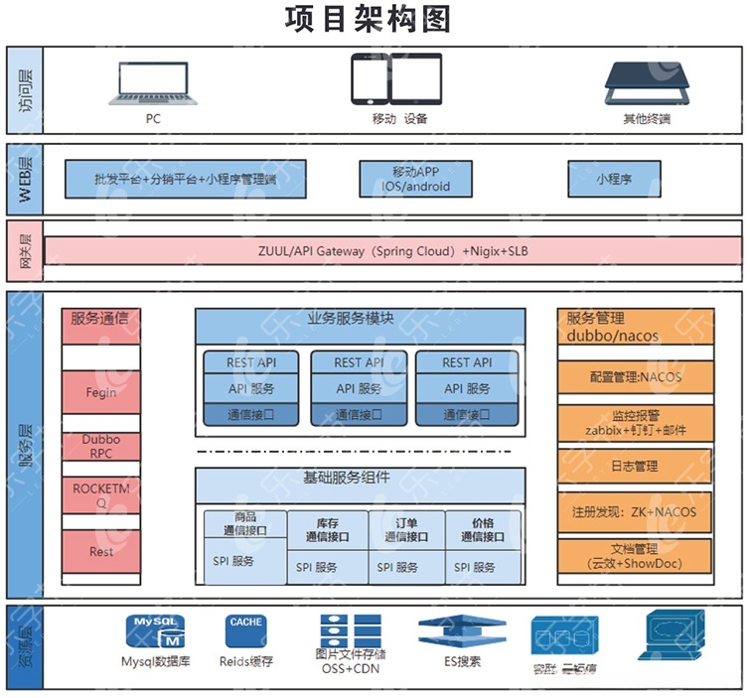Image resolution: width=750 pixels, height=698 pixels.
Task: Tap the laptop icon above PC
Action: tap(152, 83)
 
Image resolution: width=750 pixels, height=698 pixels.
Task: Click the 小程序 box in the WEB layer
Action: tap(614, 179)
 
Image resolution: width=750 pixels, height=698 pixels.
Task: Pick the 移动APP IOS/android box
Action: tap(415, 179)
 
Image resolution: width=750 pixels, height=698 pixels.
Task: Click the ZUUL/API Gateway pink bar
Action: tap(392, 251)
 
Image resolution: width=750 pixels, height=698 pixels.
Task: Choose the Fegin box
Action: tap(101, 392)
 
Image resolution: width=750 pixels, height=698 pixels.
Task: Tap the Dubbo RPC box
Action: tap(101, 447)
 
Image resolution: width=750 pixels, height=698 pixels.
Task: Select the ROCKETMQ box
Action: tap(101, 495)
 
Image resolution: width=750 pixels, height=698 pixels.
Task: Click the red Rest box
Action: tap(101, 552)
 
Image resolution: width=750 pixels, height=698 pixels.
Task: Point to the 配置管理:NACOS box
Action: tap(635, 377)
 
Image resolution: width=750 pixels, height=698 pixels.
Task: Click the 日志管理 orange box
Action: tap(635, 465)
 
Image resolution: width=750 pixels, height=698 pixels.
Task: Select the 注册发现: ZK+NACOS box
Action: tap(635, 512)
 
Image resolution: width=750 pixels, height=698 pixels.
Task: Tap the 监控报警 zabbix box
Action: tap(635, 422)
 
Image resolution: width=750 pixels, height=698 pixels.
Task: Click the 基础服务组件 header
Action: tap(360, 479)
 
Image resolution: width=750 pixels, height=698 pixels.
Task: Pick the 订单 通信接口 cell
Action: tap(406, 529)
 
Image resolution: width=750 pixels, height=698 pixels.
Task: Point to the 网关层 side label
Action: tap(25, 251)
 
